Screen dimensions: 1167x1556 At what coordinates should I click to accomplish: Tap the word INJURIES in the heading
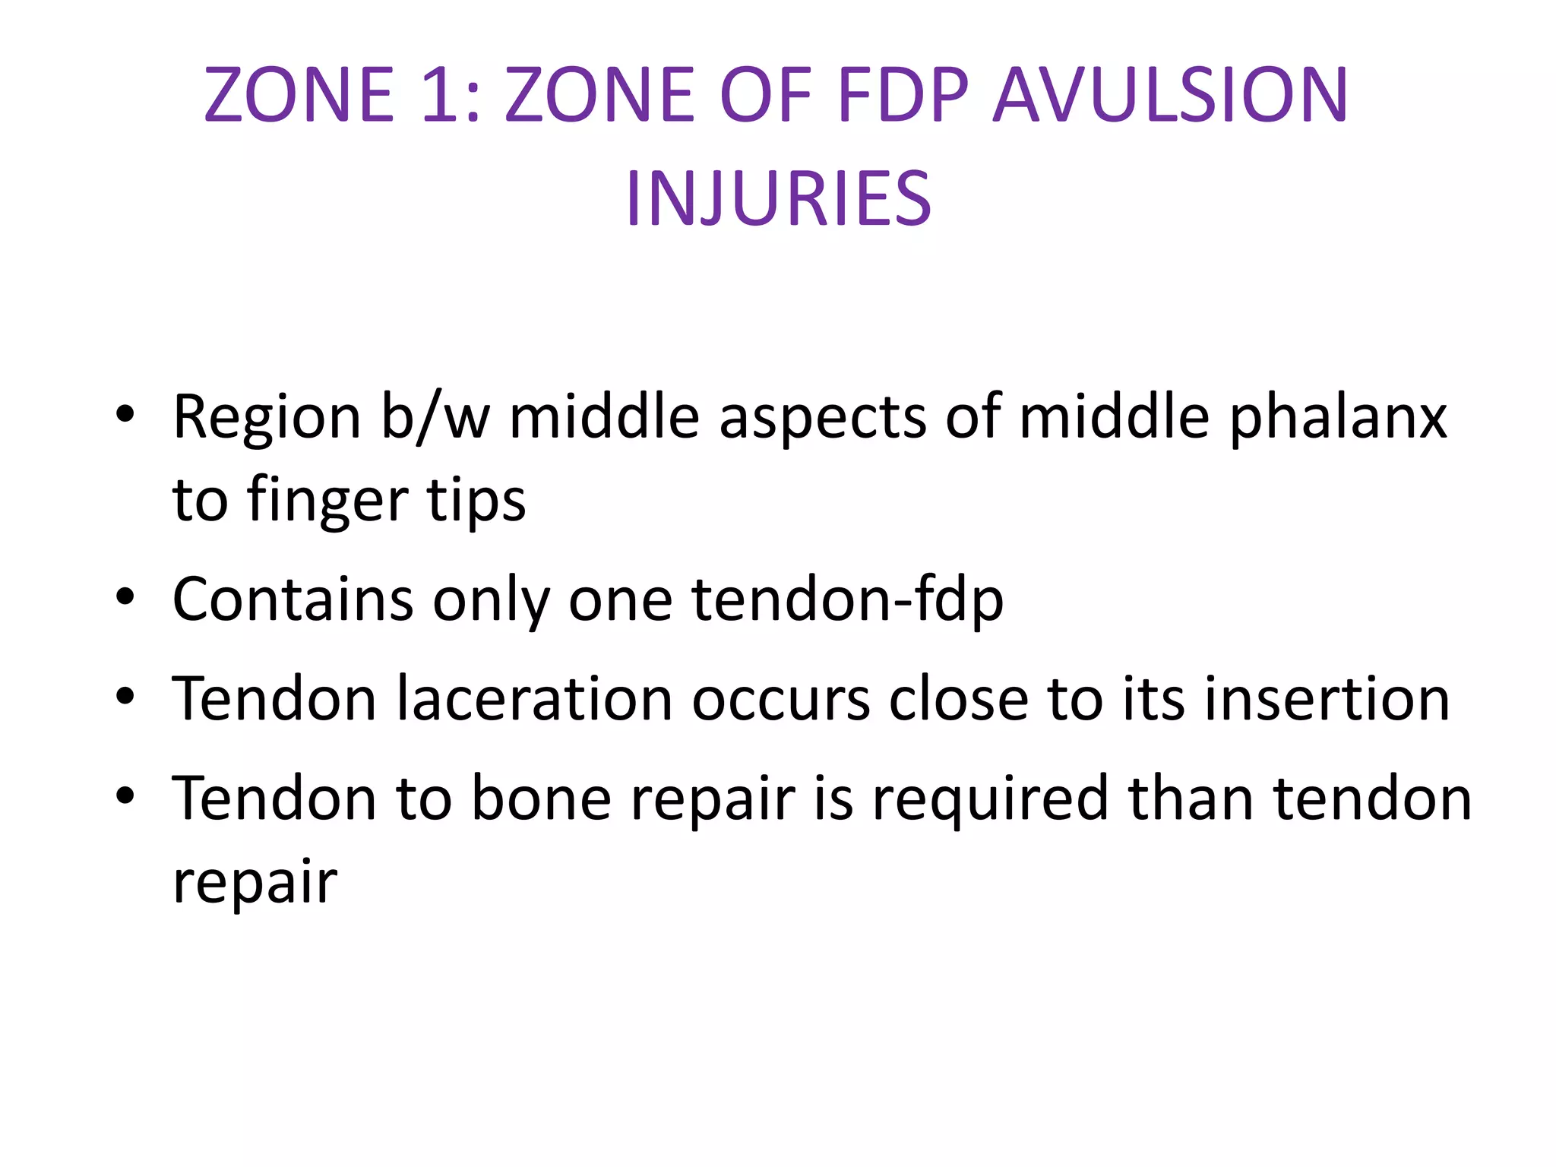coord(778,199)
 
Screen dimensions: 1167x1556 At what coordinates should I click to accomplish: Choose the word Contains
coord(293,599)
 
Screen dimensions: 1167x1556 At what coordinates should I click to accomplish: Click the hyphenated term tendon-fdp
coord(848,601)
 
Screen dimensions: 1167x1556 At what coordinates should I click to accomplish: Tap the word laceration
coord(534,699)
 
